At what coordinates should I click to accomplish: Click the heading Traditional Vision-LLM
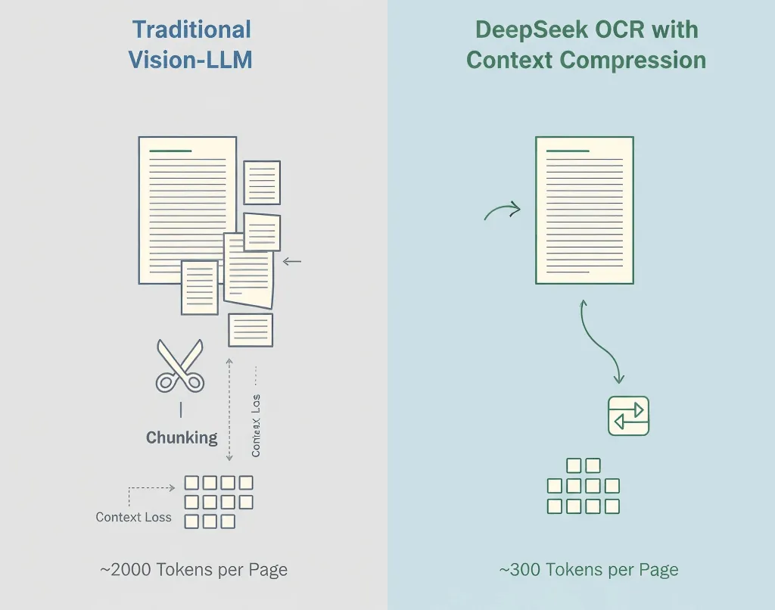pos(191,45)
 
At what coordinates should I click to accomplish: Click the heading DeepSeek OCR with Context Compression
pos(586,45)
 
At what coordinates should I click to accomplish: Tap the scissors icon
pos(180,366)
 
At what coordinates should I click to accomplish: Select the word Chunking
pos(182,437)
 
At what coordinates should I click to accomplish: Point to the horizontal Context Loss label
pos(133,518)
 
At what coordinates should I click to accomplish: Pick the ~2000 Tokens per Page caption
pos(194,570)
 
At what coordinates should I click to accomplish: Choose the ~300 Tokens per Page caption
pos(589,570)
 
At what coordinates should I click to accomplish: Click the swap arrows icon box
pos(629,415)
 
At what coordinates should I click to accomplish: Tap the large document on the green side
pos(584,210)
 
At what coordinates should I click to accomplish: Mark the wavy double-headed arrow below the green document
pos(600,341)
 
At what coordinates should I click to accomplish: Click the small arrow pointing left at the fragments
pos(291,262)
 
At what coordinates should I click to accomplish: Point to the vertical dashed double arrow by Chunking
pos(229,409)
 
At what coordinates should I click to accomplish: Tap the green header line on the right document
pos(568,151)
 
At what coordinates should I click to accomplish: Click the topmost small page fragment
pos(262,182)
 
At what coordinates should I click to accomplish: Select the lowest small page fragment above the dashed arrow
pos(251,330)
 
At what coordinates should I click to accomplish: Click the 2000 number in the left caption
pos(131,570)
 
